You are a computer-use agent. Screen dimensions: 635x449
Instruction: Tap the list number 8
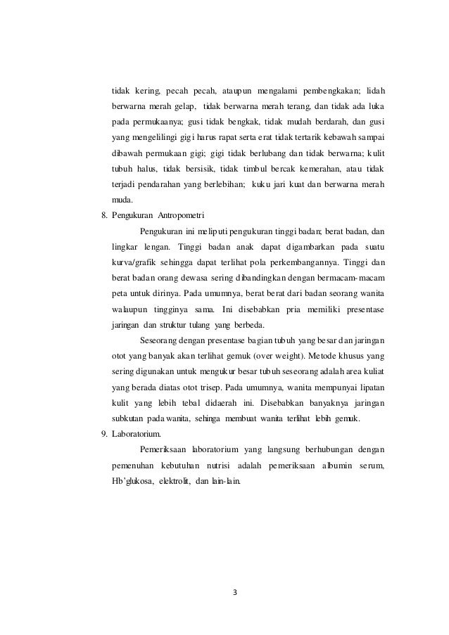pos(104,215)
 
